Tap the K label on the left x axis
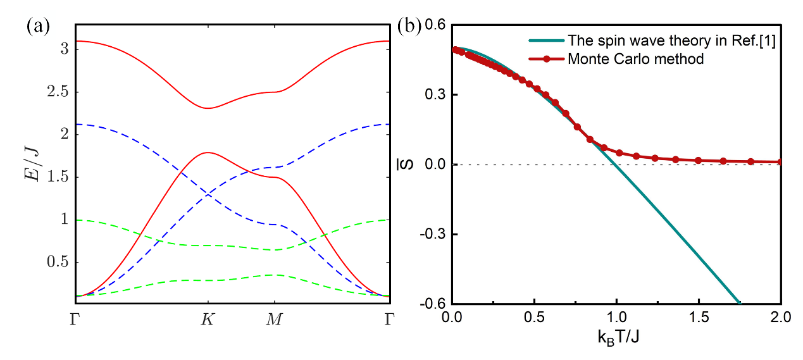208,320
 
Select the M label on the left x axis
274,320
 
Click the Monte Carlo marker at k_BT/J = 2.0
780,162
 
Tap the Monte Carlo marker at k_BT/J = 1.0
619,153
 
